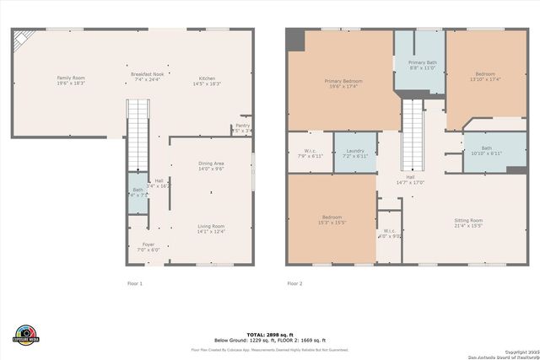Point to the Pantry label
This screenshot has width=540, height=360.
242,128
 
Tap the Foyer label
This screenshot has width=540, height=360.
148,247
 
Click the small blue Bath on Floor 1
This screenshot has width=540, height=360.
138,192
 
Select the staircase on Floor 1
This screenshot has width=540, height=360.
138,135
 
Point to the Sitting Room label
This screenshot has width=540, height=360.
468,223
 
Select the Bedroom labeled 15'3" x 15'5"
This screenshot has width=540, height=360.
332,219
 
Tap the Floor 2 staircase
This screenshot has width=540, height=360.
412,135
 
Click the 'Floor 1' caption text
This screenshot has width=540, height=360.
135,283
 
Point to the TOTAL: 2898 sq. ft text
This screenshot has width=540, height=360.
270,335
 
